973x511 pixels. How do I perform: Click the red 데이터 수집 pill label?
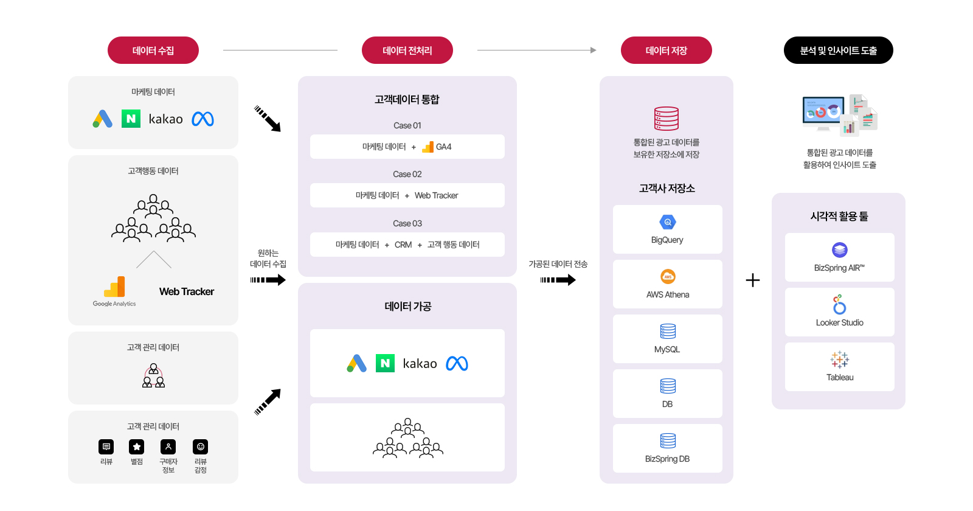click(x=153, y=50)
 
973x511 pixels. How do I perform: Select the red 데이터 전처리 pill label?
click(x=407, y=50)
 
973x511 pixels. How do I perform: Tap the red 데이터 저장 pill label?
click(x=667, y=50)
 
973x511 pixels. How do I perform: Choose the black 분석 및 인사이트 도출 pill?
click(x=838, y=50)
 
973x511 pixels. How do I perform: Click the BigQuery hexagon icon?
click(x=668, y=222)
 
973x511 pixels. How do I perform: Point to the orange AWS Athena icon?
click(x=668, y=277)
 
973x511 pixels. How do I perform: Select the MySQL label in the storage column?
click(x=667, y=349)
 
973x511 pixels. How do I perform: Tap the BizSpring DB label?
click(x=667, y=459)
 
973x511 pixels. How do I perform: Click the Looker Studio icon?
click(x=839, y=304)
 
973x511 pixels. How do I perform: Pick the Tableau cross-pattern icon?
click(x=840, y=360)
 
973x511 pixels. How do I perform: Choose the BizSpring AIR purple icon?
click(x=840, y=250)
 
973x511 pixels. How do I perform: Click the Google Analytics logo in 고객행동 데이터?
click(x=114, y=287)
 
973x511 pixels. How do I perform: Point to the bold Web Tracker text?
click(x=187, y=291)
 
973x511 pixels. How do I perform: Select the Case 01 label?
click(x=407, y=125)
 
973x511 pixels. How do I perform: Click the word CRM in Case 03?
click(x=403, y=245)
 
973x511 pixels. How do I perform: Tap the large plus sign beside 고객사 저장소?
click(x=753, y=280)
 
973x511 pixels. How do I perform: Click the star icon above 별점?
click(x=137, y=447)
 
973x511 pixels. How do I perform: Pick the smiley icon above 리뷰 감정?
click(x=200, y=447)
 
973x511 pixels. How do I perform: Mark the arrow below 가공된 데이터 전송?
click(x=558, y=280)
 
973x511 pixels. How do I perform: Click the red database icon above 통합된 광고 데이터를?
click(x=667, y=119)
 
